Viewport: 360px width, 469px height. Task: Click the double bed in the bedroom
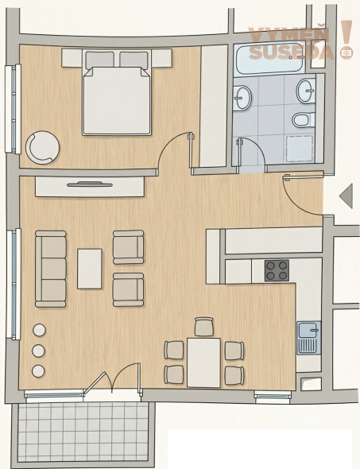pyautogui.click(x=117, y=93)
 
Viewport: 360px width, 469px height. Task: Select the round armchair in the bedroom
pyautogui.click(x=42, y=148)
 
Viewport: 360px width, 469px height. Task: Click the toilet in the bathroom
pyautogui.click(x=304, y=120)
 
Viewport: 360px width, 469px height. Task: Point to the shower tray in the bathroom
pyautogui.click(x=300, y=149)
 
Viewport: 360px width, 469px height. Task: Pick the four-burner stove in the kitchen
pyautogui.click(x=277, y=271)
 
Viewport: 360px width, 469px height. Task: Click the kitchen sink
pyautogui.click(x=309, y=338)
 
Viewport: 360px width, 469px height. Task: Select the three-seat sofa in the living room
pyautogui.click(x=51, y=269)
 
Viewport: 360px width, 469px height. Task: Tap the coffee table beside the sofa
pyautogui.click(x=89, y=269)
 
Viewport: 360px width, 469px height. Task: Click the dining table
pyautogui.click(x=204, y=362)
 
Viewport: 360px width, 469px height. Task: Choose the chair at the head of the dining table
pyautogui.click(x=204, y=327)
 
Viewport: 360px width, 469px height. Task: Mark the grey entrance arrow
pyautogui.click(x=346, y=196)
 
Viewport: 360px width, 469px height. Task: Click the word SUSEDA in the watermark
pyautogui.click(x=291, y=52)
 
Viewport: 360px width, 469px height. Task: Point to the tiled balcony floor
pyautogui.click(x=83, y=432)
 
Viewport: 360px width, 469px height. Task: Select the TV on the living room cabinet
pyautogui.click(x=90, y=184)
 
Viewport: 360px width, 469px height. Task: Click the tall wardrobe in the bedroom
pyautogui.click(x=214, y=106)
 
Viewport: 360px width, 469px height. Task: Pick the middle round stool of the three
pyautogui.click(x=39, y=351)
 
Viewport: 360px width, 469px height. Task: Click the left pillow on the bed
pyautogui.click(x=100, y=60)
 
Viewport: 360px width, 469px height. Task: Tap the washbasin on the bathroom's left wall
pyautogui.click(x=242, y=98)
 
